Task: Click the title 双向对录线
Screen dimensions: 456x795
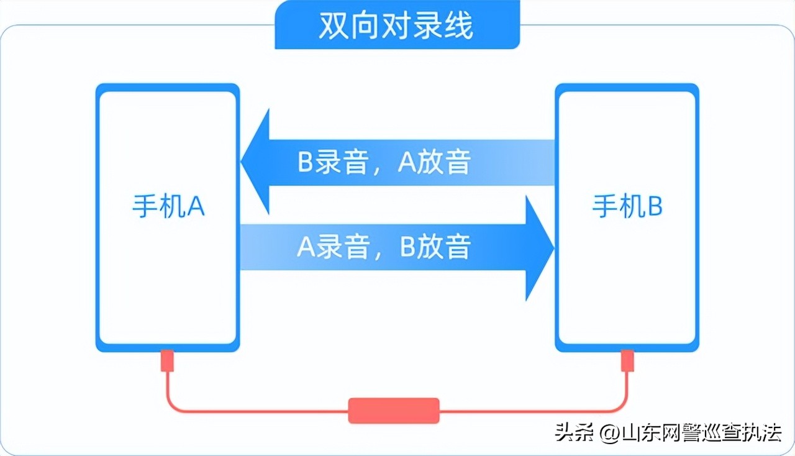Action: pos(396,25)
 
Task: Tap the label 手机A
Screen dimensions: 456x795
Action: pos(168,207)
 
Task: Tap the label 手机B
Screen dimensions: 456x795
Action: pos(627,207)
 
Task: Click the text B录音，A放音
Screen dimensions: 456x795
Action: pos(384,163)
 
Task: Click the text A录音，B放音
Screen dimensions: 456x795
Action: pos(384,247)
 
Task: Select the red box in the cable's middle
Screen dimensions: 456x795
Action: pos(394,411)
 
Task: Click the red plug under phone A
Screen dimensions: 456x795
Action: pos(168,361)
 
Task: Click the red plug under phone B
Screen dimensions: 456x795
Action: pos(627,361)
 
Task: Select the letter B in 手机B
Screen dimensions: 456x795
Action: pos(655,207)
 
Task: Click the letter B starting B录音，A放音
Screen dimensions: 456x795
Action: pos(305,163)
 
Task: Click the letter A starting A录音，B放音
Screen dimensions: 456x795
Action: pos(305,247)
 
